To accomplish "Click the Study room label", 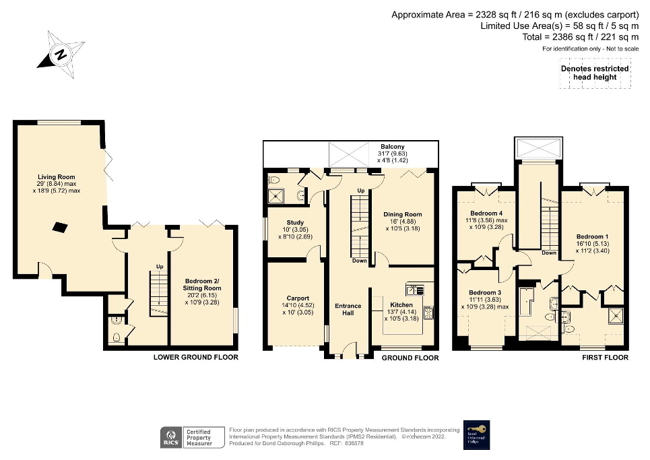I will pos(295,222).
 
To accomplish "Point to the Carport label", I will pos(297,298).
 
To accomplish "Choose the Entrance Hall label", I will pos(348,310).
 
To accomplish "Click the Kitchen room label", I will pos(401,305).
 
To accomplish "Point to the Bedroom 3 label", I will pos(485,292).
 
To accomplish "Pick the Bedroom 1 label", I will pos(590,236).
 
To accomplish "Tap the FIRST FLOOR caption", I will pos(605,357).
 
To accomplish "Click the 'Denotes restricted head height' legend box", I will pos(595,73).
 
